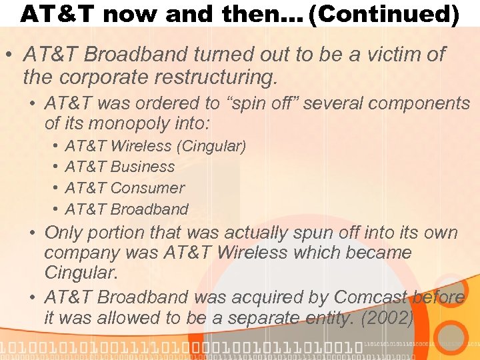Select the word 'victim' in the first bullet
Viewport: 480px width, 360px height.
coord(387,55)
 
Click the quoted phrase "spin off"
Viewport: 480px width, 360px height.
coord(239,104)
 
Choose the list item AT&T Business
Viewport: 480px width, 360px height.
coord(120,167)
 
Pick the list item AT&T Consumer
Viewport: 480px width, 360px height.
coord(125,188)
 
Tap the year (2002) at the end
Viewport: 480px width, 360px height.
coord(386,318)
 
